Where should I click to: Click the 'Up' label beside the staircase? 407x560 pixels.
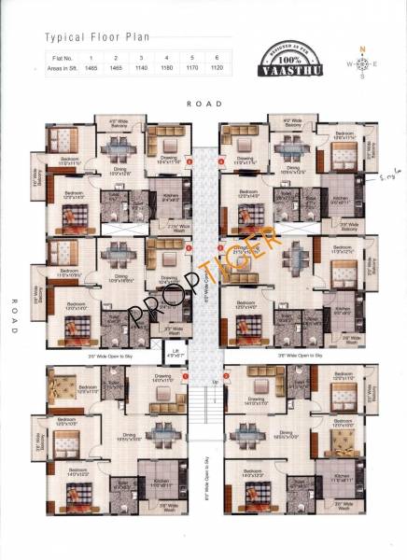click(217, 382)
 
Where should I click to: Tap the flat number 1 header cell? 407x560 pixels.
click(91, 58)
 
